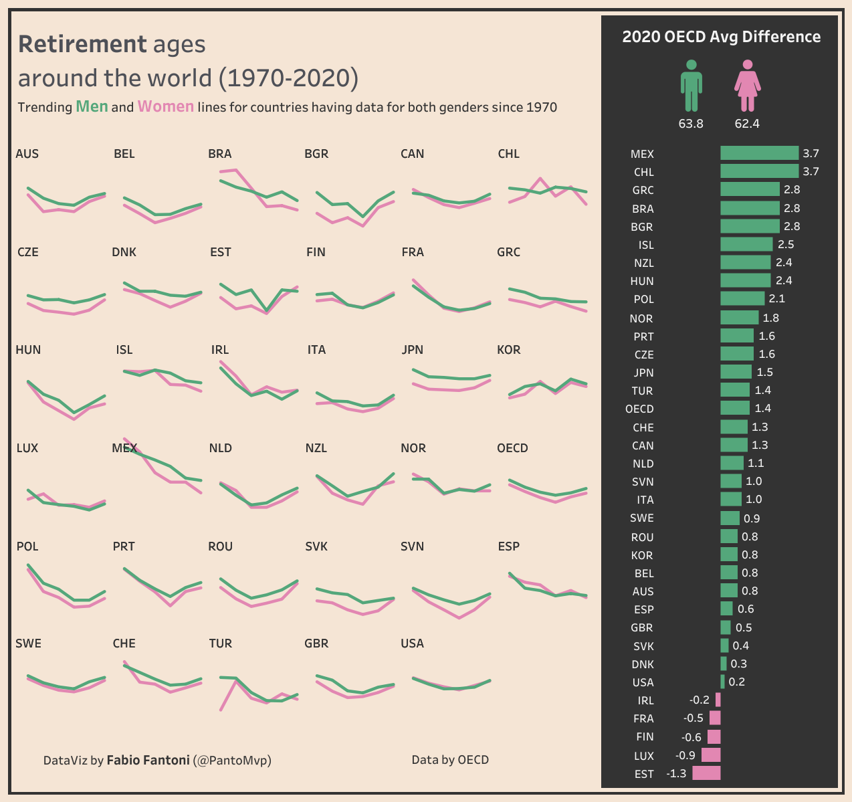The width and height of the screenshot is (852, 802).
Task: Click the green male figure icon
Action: pyautogui.click(x=691, y=86)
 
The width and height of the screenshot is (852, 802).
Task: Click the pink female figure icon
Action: pyautogui.click(x=747, y=86)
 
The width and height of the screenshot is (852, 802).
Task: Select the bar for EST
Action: pyautogui.click(x=706, y=773)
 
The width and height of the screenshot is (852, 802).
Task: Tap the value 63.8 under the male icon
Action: pyautogui.click(x=691, y=124)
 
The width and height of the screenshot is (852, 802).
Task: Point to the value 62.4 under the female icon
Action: pyautogui.click(x=747, y=124)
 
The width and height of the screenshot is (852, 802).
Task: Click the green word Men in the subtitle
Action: pyautogui.click(x=92, y=106)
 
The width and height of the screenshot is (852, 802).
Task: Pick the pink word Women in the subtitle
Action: pyautogui.click(x=166, y=106)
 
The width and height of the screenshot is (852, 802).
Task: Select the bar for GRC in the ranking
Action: pyautogui.click(x=750, y=190)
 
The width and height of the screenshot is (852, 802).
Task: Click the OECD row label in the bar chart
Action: pyautogui.click(x=639, y=409)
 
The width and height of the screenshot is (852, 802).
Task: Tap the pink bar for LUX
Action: pyautogui.click(x=711, y=755)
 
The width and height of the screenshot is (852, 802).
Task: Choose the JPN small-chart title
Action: pyautogui.click(x=413, y=350)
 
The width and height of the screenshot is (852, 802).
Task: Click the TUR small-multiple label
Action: pyautogui.click(x=220, y=643)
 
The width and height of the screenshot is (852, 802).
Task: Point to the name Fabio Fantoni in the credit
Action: pyautogui.click(x=148, y=760)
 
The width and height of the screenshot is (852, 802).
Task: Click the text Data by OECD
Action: pyautogui.click(x=450, y=760)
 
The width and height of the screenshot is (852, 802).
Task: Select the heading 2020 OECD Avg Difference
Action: pyautogui.click(x=721, y=37)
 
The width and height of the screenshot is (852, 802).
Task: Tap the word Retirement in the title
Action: pyautogui.click(x=82, y=44)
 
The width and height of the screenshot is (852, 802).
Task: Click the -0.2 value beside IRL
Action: pyautogui.click(x=700, y=700)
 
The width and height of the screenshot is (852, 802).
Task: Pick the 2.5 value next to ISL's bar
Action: pyautogui.click(x=786, y=245)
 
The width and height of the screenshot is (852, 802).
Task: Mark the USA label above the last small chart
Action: pyautogui.click(x=412, y=643)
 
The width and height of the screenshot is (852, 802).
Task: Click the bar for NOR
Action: pyautogui.click(x=739, y=318)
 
